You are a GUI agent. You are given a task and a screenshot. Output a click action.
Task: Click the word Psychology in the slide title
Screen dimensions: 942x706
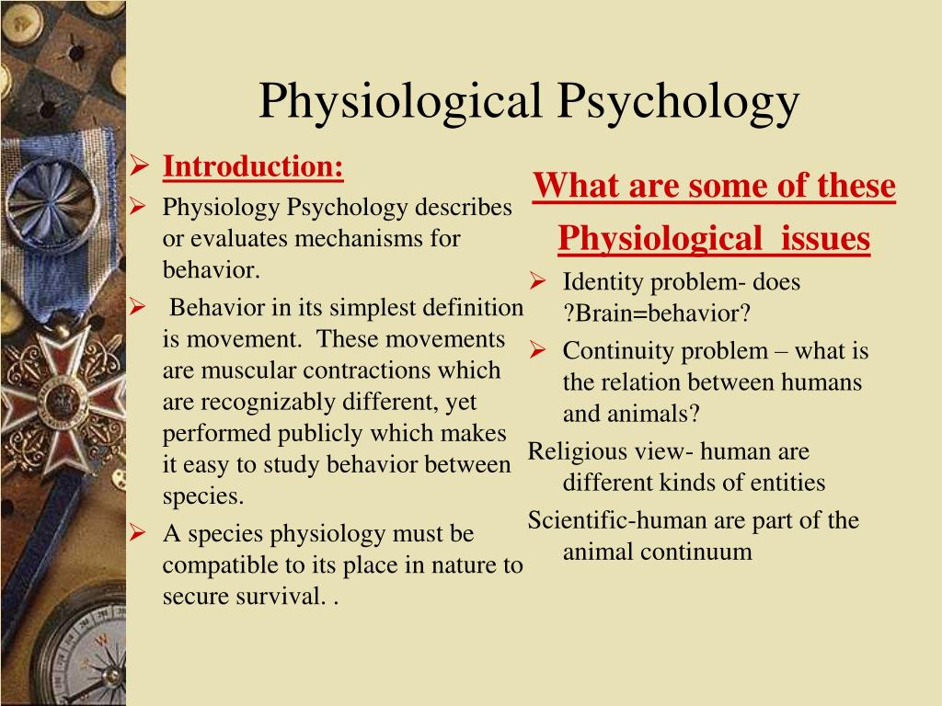[678, 101]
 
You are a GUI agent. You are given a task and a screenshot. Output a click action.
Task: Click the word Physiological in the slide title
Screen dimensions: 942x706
[400, 101]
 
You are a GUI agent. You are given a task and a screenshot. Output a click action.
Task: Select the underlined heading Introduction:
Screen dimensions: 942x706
[253, 166]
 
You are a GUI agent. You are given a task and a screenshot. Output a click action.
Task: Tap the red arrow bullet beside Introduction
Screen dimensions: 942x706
[139, 165]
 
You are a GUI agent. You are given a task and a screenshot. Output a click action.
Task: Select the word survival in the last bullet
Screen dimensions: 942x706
[280, 596]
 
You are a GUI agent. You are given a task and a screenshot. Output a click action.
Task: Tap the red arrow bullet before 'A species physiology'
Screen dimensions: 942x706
[138, 532]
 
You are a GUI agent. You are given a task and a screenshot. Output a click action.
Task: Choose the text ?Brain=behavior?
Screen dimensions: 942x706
[657, 313]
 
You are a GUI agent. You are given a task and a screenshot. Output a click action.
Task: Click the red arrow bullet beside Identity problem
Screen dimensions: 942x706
[537, 280]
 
